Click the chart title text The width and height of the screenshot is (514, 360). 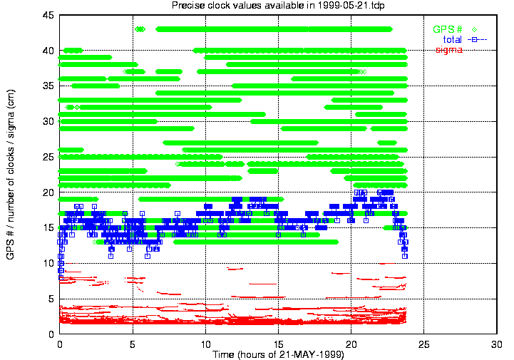pyautogui.click(x=278, y=5)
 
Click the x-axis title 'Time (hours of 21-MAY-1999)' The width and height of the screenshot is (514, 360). pyautogui.click(x=278, y=354)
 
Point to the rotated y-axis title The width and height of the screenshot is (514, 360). pyautogui.click(x=11, y=175)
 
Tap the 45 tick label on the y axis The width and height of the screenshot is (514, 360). pyautogui.click(x=48, y=15)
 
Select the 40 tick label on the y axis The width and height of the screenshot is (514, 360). pyautogui.click(x=48, y=51)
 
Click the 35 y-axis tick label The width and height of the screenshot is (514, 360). pyautogui.click(x=48, y=86)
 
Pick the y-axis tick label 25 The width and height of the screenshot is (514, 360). pyautogui.click(x=48, y=157)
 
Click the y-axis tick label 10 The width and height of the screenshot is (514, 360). pyautogui.click(x=48, y=263)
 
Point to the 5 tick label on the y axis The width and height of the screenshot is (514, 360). pyautogui.click(x=51, y=299)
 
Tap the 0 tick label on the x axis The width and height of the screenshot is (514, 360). pyautogui.click(x=60, y=344)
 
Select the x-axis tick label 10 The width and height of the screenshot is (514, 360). pyautogui.click(x=205, y=344)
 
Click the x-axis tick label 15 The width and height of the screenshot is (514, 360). pyautogui.click(x=278, y=344)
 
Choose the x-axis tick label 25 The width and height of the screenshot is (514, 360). pyautogui.click(x=424, y=344)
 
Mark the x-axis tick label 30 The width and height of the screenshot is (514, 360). pyautogui.click(x=497, y=344)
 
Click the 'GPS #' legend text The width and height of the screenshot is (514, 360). pyautogui.click(x=448, y=29)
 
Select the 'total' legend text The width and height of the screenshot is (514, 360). pyautogui.click(x=453, y=40)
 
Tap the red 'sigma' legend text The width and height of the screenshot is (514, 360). pyautogui.click(x=449, y=50)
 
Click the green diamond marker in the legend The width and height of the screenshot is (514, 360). pyautogui.click(x=474, y=29)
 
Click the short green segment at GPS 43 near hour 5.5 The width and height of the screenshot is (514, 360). pyautogui.click(x=140, y=29)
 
